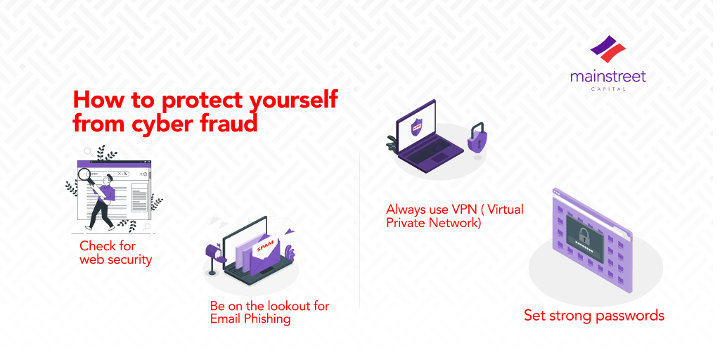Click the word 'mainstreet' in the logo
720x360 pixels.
608,76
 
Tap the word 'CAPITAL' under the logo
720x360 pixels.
608,89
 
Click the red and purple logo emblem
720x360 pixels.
608,49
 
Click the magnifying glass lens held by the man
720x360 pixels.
85,174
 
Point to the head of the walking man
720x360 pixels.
108,178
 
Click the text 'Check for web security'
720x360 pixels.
115,252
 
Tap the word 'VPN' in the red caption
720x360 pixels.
464,210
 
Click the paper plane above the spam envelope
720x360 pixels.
288,231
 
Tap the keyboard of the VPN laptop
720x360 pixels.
426,154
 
